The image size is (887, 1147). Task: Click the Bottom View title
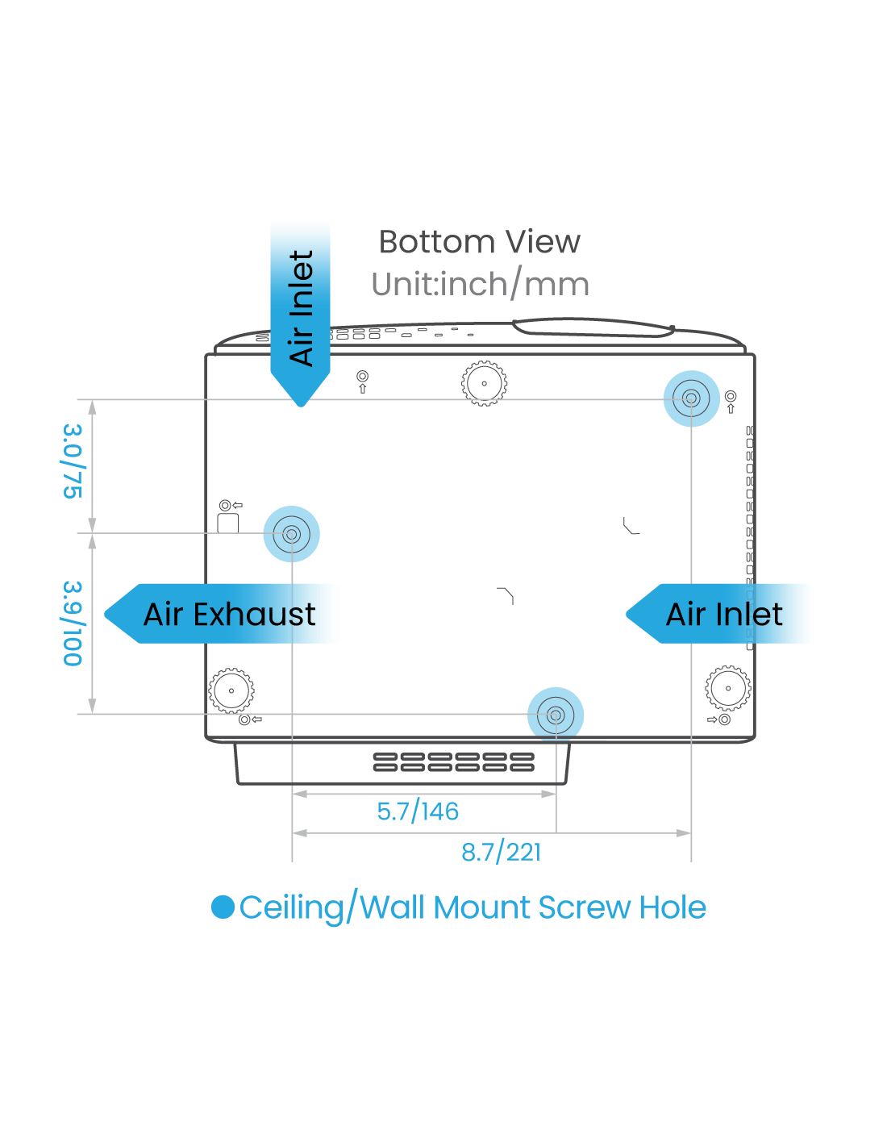click(479, 242)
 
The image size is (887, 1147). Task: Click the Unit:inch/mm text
click(480, 284)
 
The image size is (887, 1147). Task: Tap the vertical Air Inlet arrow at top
click(301, 307)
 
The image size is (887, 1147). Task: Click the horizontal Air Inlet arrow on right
click(724, 614)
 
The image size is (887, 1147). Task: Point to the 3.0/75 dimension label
click(73, 461)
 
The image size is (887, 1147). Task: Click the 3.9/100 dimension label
click(73, 624)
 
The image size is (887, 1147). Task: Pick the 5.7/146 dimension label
click(418, 811)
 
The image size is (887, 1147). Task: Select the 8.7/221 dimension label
click(501, 852)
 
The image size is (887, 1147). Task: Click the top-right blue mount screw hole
click(691, 398)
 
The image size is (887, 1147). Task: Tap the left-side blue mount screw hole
click(291, 533)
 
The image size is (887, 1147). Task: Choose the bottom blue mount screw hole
click(555, 715)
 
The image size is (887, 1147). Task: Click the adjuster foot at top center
click(484, 383)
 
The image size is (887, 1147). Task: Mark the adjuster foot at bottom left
click(231, 690)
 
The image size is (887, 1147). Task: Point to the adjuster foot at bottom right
click(727, 688)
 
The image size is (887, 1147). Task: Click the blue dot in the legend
click(223, 907)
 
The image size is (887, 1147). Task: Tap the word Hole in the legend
click(673, 907)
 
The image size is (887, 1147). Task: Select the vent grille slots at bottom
click(453, 762)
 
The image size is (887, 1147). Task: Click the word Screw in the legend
click(585, 907)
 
